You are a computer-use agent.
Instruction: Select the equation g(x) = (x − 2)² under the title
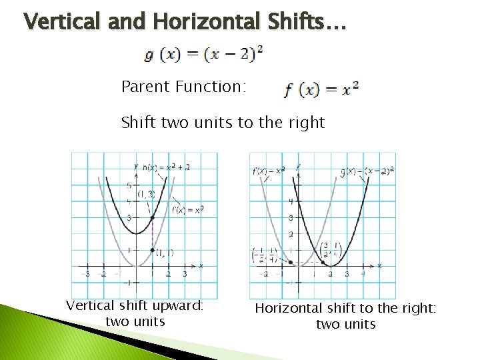(203, 54)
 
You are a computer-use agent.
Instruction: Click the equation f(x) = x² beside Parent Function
(321, 89)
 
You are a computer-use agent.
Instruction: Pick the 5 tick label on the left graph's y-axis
(129, 185)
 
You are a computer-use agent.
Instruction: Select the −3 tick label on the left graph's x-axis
(85, 274)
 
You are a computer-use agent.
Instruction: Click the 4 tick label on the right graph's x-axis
(363, 274)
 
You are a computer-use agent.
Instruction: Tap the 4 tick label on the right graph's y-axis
(291, 201)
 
